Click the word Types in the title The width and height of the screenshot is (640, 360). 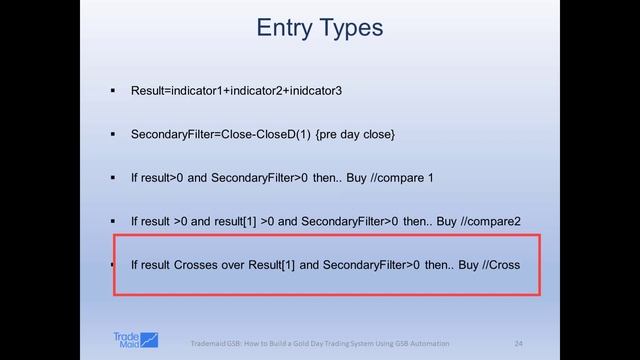click(350, 28)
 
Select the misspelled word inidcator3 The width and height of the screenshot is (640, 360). click(310, 91)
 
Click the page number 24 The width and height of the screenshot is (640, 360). click(518, 343)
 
